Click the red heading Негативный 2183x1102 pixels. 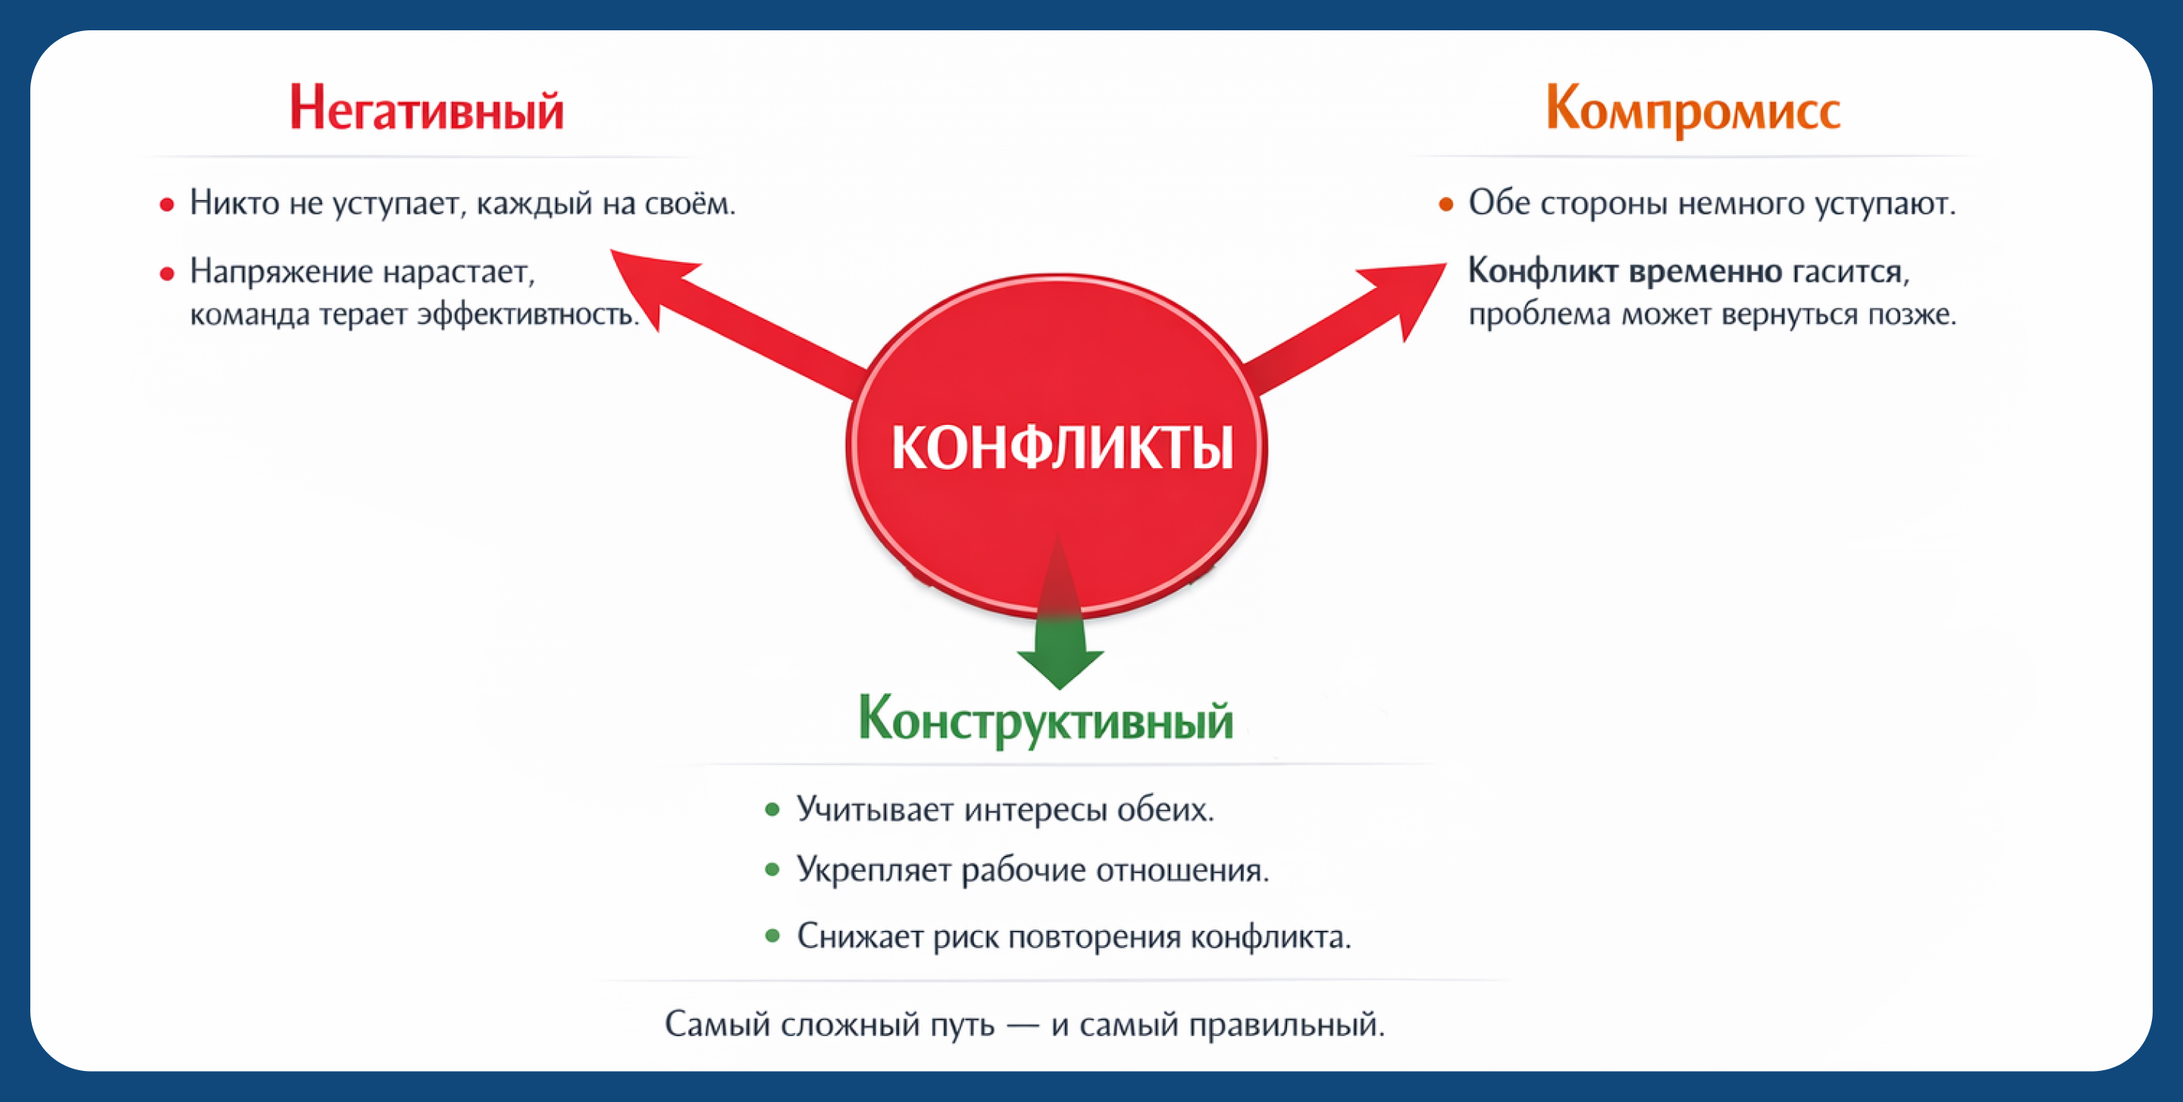tap(426, 109)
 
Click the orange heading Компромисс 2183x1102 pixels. tap(1693, 110)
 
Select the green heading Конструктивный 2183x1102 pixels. tap(1045, 720)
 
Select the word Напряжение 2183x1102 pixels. tap(280, 271)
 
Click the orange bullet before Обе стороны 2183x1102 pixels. tap(1445, 204)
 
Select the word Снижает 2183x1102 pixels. tap(860, 937)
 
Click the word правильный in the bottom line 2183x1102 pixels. tap(1286, 1025)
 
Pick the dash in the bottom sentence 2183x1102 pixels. tap(1022, 1026)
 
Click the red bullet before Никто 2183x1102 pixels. tap(167, 205)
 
